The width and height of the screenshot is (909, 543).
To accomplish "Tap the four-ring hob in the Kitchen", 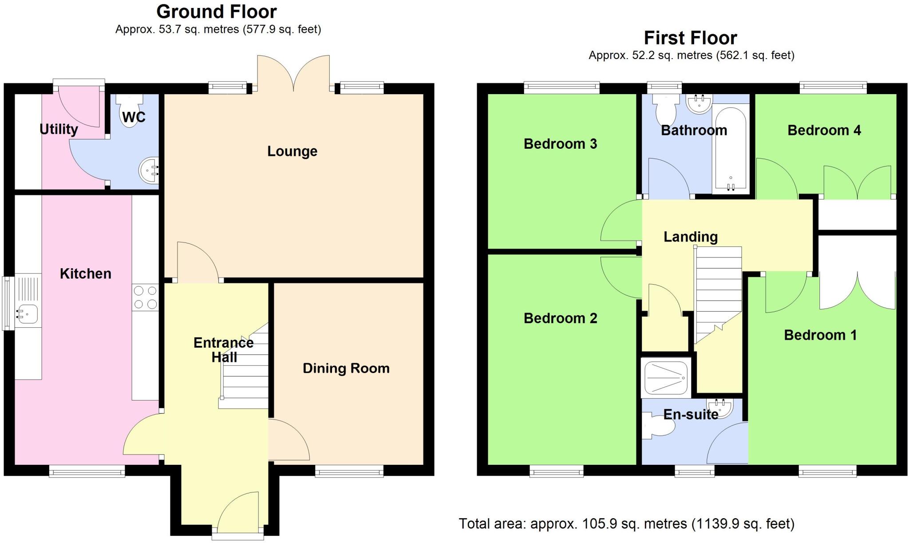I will pyautogui.click(x=145, y=297).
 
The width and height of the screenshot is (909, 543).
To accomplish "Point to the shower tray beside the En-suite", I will pyautogui.click(x=666, y=377).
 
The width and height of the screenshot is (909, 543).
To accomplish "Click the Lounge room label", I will pyautogui.click(x=292, y=151).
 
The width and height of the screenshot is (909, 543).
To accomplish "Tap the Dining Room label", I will pyautogui.click(x=346, y=368).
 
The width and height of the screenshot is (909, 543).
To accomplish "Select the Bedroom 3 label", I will pyautogui.click(x=560, y=144).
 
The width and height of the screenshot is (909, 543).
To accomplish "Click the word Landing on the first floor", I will pyautogui.click(x=690, y=237).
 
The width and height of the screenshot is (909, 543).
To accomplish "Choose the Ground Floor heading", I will pyautogui.click(x=217, y=12).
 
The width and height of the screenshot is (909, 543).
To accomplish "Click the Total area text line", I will pyautogui.click(x=626, y=524).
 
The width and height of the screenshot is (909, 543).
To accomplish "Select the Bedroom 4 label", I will pyautogui.click(x=824, y=130).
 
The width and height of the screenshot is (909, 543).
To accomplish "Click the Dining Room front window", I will pyautogui.click(x=349, y=471).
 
